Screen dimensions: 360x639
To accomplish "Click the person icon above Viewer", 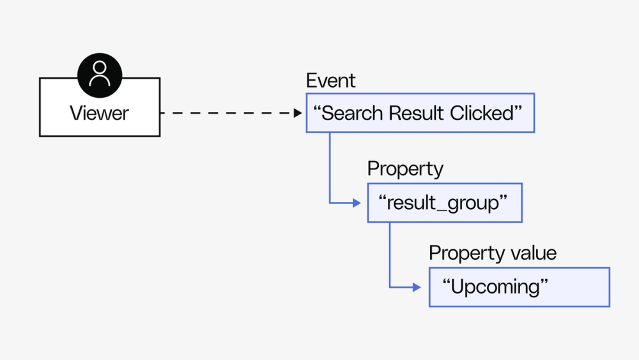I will (x=100, y=75).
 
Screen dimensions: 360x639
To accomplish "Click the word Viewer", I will (x=99, y=113).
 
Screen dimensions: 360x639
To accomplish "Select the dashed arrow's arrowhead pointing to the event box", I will (x=298, y=113).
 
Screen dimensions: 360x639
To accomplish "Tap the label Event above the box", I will (x=330, y=81).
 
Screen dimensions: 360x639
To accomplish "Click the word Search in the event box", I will (x=350, y=113).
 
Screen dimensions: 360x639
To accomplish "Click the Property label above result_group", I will (x=405, y=169).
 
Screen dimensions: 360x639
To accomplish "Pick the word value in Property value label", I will (x=533, y=253).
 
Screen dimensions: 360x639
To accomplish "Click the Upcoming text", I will (x=496, y=286).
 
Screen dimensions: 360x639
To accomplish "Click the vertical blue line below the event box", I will (x=330, y=166).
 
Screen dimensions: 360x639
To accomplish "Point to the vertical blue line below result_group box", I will (x=390, y=253).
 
